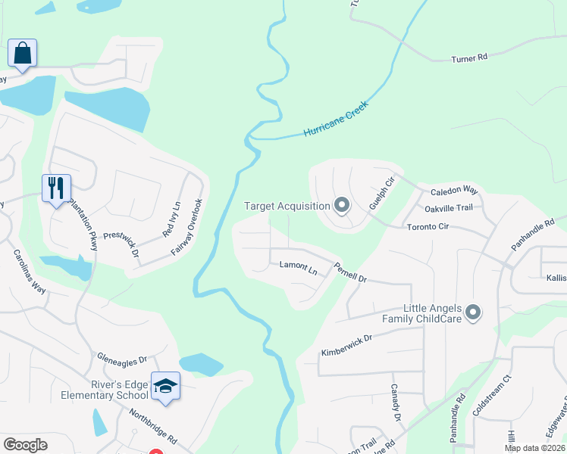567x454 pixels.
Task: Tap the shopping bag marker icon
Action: pos(22,53)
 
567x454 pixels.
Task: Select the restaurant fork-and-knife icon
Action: pos(56,188)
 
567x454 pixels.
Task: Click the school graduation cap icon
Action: pos(166,386)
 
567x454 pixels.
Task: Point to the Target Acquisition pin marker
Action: pos(341,205)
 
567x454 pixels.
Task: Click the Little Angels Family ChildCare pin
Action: pos(474,312)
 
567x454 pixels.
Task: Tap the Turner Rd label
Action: pos(469,58)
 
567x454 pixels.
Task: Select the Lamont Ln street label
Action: pos(298,266)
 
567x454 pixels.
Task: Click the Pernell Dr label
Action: pos(350,272)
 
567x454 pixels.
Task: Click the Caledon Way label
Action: pos(454,193)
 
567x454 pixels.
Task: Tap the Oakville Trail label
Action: pos(448,208)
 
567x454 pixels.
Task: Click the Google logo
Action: pos(25,445)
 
